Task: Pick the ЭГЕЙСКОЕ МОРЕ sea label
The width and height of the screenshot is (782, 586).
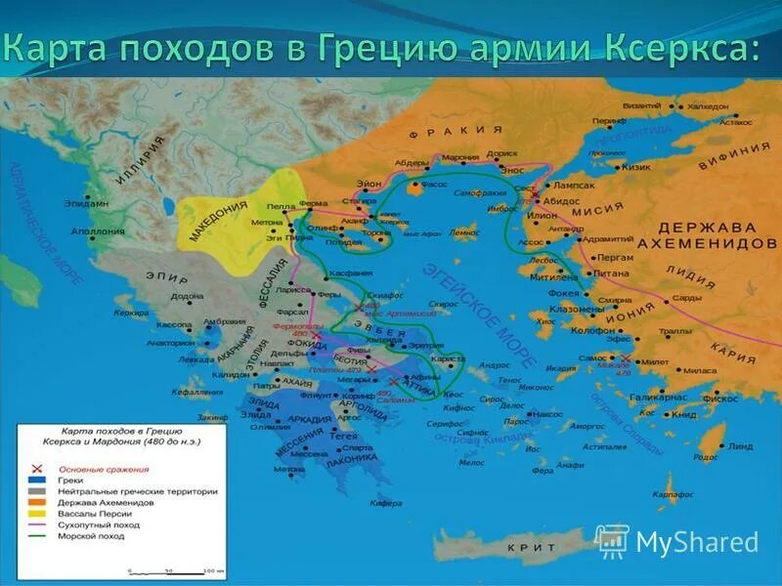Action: tap(478, 313)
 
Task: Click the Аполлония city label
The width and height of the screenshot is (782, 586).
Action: tap(98, 231)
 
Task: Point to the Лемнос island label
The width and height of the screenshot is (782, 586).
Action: tap(463, 232)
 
